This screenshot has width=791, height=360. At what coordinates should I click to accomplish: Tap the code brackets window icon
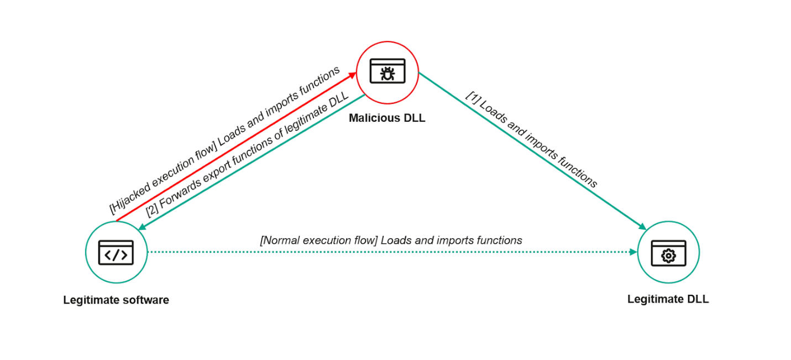(x=116, y=253)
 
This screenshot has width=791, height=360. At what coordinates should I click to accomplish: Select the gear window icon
(x=668, y=253)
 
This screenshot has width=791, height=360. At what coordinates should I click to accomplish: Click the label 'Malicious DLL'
(x=387, y=118)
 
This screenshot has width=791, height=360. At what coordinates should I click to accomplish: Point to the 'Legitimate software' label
(x=116, y=300)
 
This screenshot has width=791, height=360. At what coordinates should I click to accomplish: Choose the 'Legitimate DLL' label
(x=668, y=299)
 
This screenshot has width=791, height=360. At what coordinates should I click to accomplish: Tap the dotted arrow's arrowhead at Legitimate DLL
(x=633, y=252)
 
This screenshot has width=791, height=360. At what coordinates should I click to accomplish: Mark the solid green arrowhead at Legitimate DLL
(x=642, y=226)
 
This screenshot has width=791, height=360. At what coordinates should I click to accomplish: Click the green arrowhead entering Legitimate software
(x=142, y=228)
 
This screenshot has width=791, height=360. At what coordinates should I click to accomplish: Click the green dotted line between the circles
(x=387, y=252)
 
